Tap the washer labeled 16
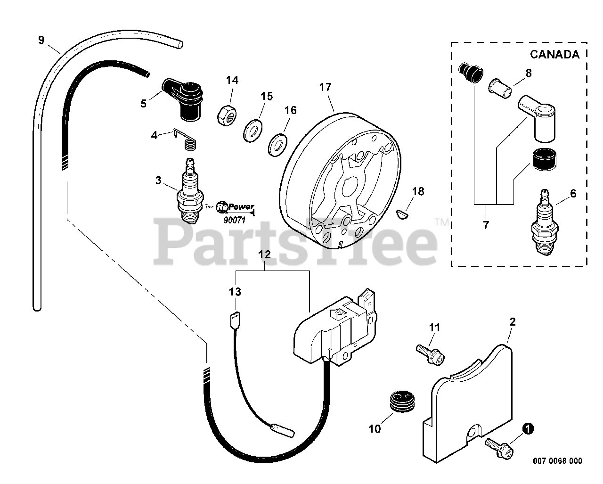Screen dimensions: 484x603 [x=277, y=144]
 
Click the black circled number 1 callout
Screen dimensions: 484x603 [x=528, y=429]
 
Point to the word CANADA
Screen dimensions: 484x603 [x=554, y=54]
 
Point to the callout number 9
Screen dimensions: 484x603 [x=41, y=40]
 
